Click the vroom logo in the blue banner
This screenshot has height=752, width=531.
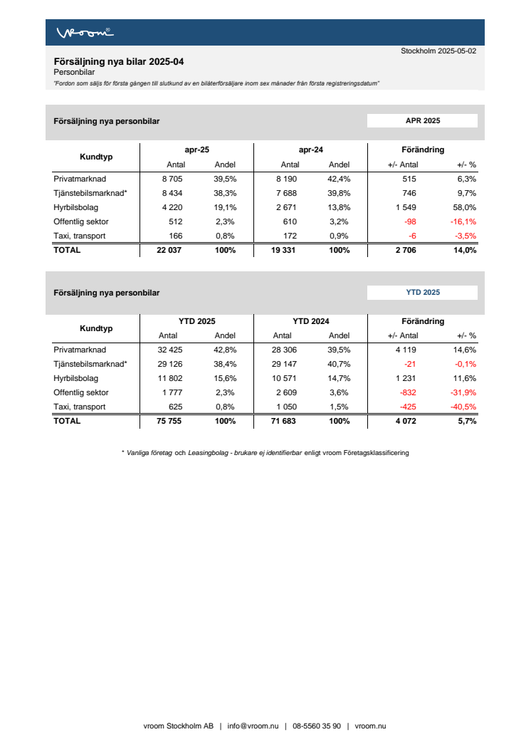pos(85,33)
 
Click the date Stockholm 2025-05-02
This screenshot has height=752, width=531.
pos(438,51)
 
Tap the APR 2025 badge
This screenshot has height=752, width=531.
pos(422,121)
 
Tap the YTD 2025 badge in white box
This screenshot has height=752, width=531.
pos(422,293)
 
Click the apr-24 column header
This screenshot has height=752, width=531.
pos(310,150)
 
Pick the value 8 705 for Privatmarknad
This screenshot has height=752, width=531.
pos(174,179)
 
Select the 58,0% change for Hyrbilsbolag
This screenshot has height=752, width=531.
pos(465,208)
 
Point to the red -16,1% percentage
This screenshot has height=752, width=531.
pos(463,222)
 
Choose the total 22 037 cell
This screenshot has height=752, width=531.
pos(170,250)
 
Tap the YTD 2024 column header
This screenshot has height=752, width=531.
pos(310,322)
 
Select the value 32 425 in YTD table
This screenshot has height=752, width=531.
pos(172,350)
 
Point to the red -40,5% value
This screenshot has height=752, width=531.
pos(463,407)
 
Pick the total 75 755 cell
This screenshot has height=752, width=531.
pos(170,421)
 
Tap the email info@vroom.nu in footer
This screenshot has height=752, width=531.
pos(253,726)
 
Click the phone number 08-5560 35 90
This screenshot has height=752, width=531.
pos(317,726)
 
